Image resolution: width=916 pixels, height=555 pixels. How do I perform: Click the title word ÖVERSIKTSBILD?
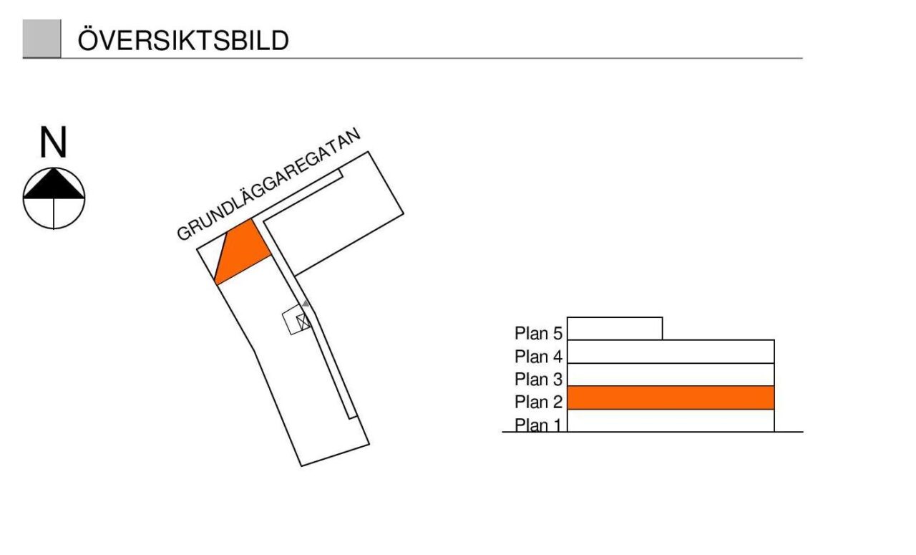(x=183, y=41)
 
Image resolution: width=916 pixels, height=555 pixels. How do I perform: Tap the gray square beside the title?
(x=42, y=39)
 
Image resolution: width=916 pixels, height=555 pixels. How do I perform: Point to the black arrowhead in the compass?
(x=54, y=183)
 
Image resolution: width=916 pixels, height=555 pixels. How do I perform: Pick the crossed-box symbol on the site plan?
(x=304, y=322)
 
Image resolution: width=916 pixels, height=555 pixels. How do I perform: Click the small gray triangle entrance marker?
(x=306, y=304)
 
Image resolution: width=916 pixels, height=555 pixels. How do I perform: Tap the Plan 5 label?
(x=539, y=334)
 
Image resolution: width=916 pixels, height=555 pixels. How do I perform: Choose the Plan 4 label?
(x=539, y=357)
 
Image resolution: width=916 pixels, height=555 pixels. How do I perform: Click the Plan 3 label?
(x=539, y=380)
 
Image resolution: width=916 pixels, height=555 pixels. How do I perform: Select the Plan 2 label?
(x=539, y=402)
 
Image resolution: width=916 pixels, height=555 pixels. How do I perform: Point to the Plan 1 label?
(x=539, y=425)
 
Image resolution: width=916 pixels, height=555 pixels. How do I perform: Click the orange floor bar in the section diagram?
(x=671, y=397)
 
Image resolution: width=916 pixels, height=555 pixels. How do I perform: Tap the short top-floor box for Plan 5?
(x=614, y=329)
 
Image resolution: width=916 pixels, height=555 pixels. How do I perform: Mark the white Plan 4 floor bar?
(x=671, y=352)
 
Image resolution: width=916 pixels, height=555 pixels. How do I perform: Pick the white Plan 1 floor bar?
(x=671, y=421)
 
